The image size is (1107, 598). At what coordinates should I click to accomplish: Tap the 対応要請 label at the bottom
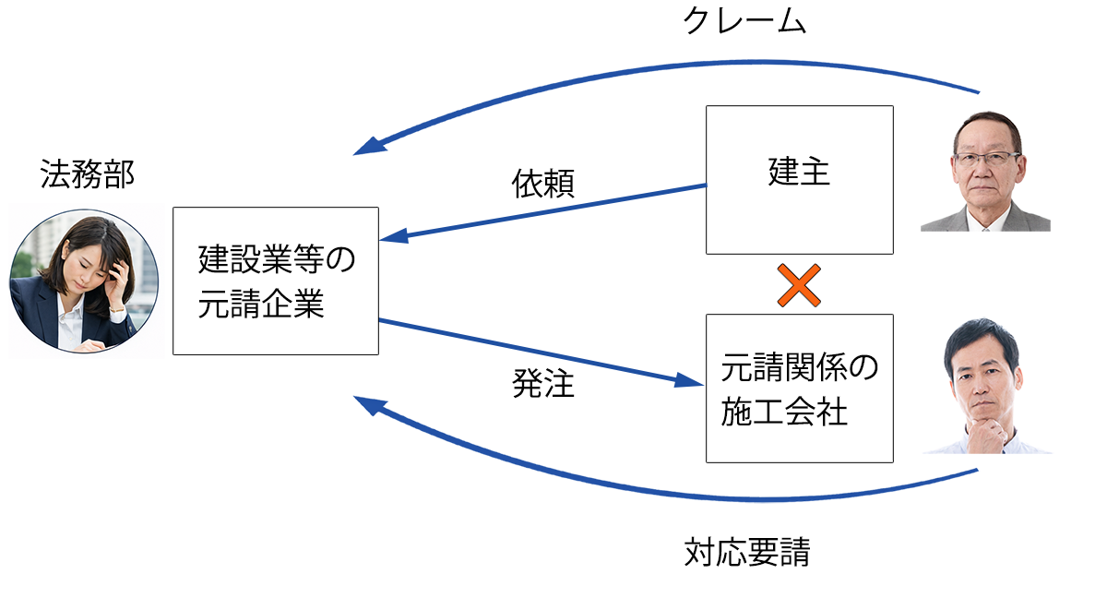pyautogui.click(x=747, y=553)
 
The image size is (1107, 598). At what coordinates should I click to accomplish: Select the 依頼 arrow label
pyautogui.click(x=543, y=184)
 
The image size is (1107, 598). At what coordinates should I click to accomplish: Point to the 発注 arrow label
pyautogui.click(x=543, y=383)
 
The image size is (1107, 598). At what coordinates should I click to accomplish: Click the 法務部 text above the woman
pyautogui.click(x=87, y=174)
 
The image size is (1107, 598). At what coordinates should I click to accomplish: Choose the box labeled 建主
pyautogui.click(x=799, y=180)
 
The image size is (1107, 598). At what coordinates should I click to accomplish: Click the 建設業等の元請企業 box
pyautogui.click(x=275, y=281)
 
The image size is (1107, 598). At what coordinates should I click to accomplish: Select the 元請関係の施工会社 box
pyautogui.click(x=799, y=389)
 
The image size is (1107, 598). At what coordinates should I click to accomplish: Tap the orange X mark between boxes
pyautogui.click(x=799, y=285)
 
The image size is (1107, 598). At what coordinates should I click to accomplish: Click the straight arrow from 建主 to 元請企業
pyautogui.click(x=544, y=212)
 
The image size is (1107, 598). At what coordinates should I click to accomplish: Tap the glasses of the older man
pyautogui.click(x=986, y=158)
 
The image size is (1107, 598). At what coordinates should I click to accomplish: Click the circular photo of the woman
pyautogui.click(x=84, y=281)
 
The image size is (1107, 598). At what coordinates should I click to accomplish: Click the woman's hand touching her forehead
pyautogui.click(x=118, y=273)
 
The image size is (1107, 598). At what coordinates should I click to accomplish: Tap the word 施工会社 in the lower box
pyautogui.click(x=784, y=412)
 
